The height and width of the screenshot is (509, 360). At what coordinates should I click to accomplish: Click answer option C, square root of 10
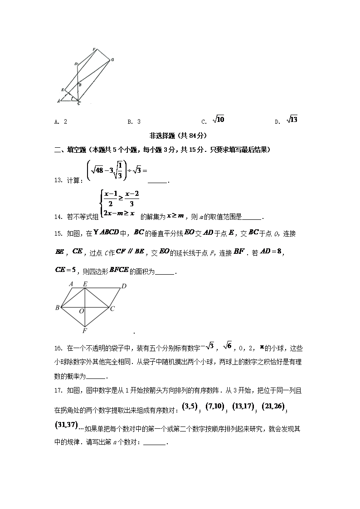pyautogui.click(x=214, y=120)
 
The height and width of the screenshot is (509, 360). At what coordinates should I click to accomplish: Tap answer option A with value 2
pyautogui.click(x=61, y=121)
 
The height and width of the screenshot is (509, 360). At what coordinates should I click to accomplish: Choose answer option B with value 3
pyautogui.click(x=134, y=121)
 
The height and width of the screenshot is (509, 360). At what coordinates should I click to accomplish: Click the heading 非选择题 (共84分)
pyautogui.click(x=180, y=135)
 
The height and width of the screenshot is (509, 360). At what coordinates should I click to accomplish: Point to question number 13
pyautogui.click(x=58, y=180)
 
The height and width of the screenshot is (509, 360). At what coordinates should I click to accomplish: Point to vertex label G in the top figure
pyautogui.click(x=112, y=59)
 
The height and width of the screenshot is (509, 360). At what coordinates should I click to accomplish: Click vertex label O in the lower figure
pyautogui.click(x=81, y=312)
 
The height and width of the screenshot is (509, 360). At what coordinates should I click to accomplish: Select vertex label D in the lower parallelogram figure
pyautogui.click(x=123, y=286)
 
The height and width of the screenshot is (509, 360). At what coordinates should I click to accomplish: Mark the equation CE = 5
pyautogui.click(x=64, y=271)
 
